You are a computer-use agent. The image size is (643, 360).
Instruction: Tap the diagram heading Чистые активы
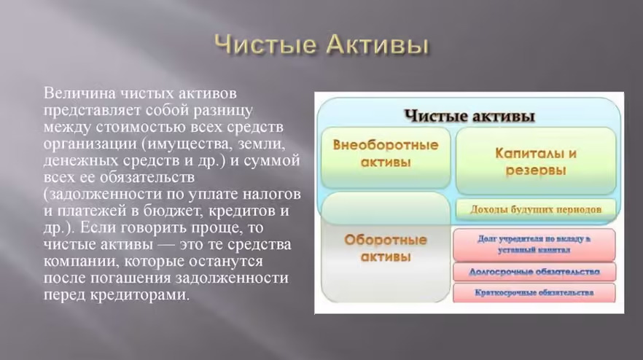(469, 116)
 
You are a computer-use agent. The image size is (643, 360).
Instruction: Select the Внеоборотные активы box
(386, 154)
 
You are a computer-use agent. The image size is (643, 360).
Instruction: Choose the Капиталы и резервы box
(536, 161)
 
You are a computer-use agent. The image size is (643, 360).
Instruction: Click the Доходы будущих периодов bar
(536, 210)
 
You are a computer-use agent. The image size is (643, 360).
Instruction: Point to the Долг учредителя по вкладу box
(534, 244)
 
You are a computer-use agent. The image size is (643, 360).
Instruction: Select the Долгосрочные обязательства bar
(534, 272)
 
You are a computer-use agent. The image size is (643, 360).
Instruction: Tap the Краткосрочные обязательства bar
(534, 293)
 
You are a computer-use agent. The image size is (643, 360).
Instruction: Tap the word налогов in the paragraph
(270, 193)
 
